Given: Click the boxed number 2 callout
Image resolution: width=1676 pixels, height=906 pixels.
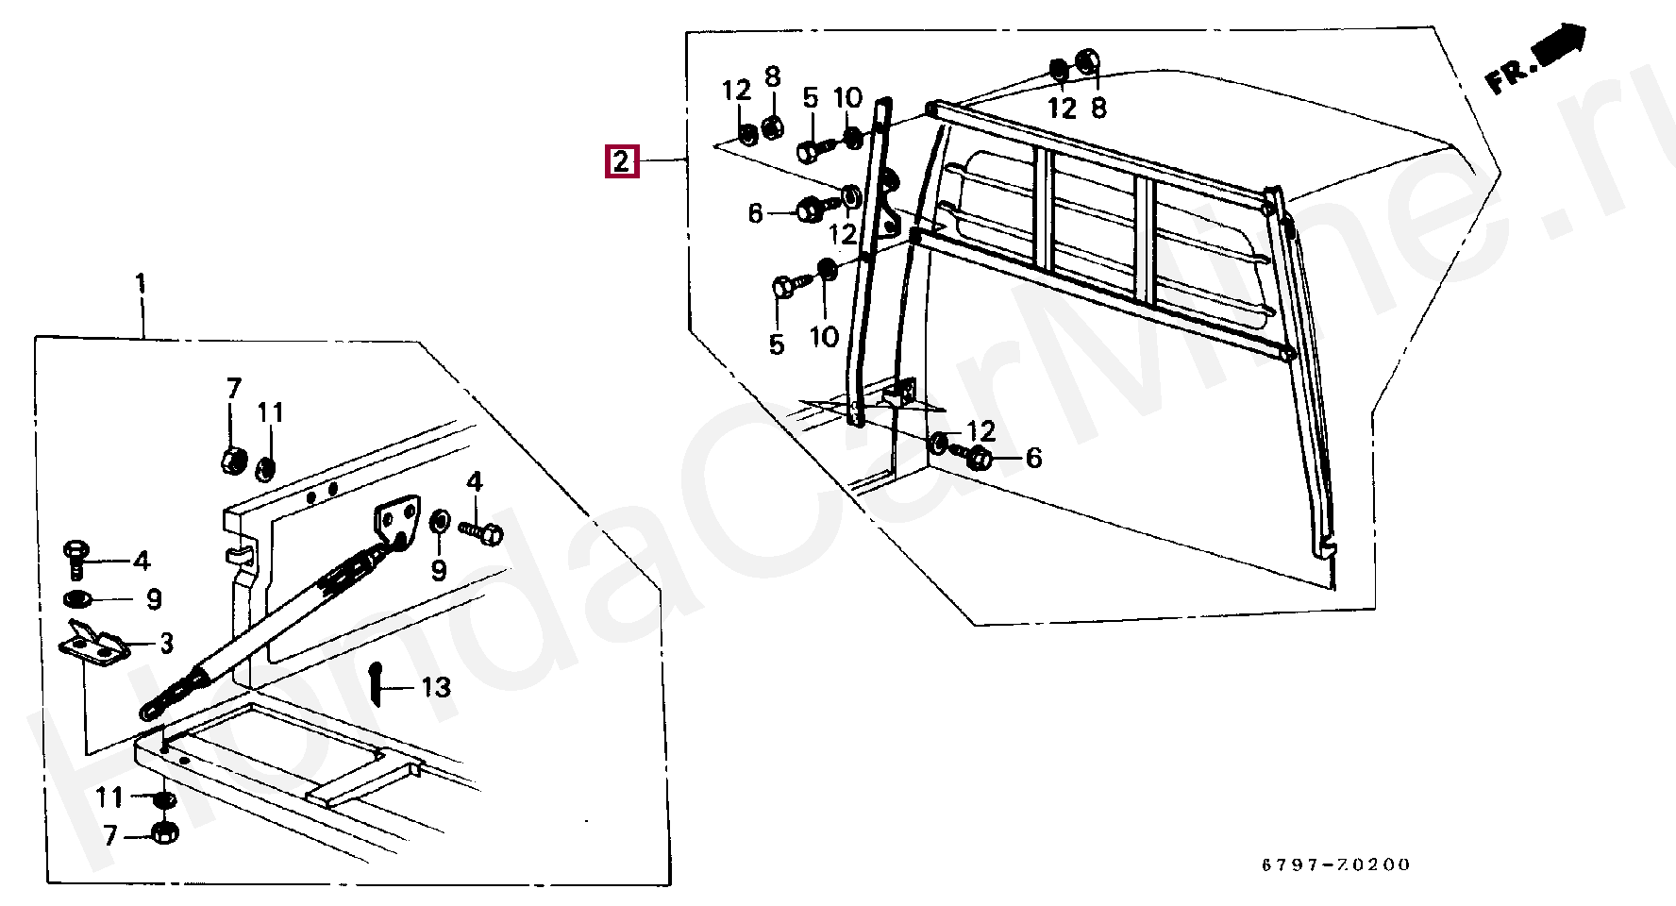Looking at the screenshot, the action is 621,161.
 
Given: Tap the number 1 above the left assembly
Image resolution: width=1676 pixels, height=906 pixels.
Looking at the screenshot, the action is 141,283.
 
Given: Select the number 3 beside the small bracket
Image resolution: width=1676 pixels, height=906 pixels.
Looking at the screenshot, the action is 167,644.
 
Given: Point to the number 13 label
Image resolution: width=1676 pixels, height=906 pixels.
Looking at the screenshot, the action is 436,687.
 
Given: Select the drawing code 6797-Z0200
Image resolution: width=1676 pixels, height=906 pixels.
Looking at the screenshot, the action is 1336,864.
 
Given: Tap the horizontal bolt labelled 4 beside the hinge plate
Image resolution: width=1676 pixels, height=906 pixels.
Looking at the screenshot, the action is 481,533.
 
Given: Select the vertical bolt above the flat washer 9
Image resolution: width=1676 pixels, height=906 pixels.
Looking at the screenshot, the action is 75,559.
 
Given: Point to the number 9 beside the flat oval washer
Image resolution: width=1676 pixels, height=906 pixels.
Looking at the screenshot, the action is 154,599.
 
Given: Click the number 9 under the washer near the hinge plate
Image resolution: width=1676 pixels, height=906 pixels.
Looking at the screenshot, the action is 439,570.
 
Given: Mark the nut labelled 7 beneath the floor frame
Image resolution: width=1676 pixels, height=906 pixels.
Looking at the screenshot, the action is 165,833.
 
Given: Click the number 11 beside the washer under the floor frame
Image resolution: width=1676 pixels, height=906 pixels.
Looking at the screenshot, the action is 109,798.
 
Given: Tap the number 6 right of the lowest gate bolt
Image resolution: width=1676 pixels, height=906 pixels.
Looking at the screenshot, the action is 1033,458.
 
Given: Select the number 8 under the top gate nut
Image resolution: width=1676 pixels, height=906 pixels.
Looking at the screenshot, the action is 1098,108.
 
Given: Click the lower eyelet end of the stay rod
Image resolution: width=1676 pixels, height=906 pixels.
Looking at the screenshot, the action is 151,709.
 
